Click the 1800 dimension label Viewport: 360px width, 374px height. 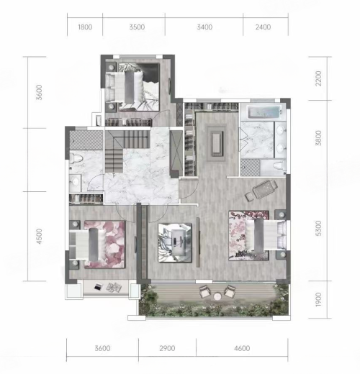click(x=85, y=27)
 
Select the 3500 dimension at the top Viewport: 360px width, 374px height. click(x=137, y=27)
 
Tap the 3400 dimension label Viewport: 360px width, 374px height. click(x=204, y=27)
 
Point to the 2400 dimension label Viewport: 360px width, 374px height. click(x=263, y=27)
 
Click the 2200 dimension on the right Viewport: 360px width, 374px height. click(x=318, y=78)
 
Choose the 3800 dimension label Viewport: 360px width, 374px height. click(x=318, y=138)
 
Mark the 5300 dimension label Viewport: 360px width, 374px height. click(x=318, y=228)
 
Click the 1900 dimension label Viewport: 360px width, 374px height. click(x=318, y=299)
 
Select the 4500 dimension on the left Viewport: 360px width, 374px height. click(x=39, y=237)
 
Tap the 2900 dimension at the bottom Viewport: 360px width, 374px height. click(x=167, y=348)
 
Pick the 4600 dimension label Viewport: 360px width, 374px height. click(x=242, y=348)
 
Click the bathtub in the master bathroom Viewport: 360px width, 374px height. click(x=264, y=111)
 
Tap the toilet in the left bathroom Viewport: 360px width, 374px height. click(x=76, y=158)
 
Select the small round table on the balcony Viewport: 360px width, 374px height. click(x=217, y=296)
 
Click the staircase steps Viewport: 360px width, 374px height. click(x=127, y=151)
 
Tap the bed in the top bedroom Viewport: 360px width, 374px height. click(x=125, y=87)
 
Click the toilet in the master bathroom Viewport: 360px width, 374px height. click(x=279, y=165)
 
